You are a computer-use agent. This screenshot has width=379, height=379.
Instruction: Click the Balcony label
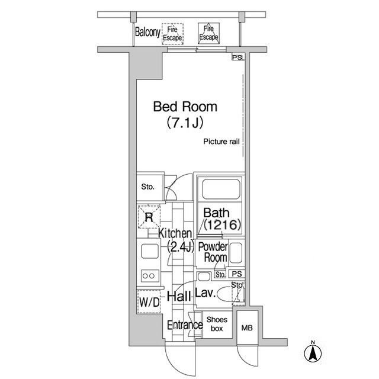click(x=147, y=33)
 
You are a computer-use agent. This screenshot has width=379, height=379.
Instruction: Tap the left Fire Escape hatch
click(x=172, y=34)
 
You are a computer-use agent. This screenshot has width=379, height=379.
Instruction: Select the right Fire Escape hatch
click(x=208, y=33)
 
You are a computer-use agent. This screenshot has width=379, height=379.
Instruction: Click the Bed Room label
click(x=185, y=107)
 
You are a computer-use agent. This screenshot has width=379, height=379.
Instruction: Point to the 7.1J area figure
click(x=185, y=124)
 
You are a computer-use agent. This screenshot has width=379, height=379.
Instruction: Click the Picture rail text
click(x=222, y=142)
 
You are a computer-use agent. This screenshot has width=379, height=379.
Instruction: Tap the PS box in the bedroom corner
click(x=237, y=58)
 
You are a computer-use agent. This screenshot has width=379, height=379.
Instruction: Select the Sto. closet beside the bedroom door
click(x=148, y=187)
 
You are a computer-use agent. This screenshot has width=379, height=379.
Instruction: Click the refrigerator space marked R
click(x=149, y=217)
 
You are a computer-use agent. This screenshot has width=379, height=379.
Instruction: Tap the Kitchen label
click(x=175, y=234)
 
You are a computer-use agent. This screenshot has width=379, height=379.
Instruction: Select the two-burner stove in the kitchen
click(x=149, y=276)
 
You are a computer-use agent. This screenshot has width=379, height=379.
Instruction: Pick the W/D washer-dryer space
click(x=149, y=303)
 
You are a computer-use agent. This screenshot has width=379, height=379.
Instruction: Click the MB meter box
click(x=246, y=327)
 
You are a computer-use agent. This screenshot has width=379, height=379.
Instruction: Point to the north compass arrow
click(x=312, y=352)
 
